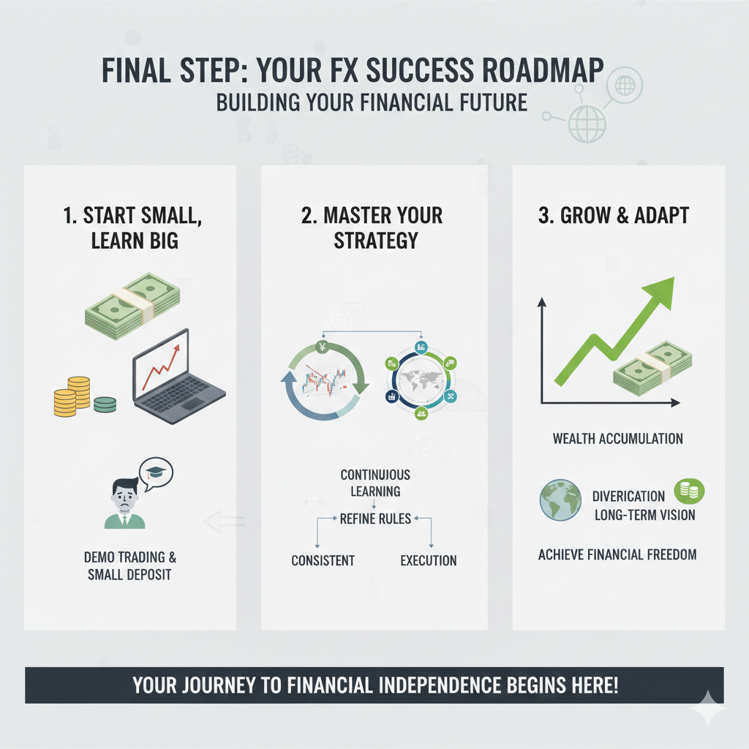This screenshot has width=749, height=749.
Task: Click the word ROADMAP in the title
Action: tap(543, 70)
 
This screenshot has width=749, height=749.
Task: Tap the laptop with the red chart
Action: tap(178, 377)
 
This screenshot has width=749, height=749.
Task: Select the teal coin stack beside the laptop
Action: tap(105, 404)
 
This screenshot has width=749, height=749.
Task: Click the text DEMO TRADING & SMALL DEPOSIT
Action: tap(130, 565)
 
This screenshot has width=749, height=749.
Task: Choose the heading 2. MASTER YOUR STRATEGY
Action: tap(372, 228)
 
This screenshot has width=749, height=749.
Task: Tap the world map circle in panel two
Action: tap(421, 380)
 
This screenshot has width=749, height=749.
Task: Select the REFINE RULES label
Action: tap(375, 519)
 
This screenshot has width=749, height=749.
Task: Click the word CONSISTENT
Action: tap(323, 560)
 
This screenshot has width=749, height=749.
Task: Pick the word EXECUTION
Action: tap(429, 560)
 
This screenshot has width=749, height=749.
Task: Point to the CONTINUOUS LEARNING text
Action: tap(375, 483)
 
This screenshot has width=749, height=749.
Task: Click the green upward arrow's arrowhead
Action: tap(661, 291)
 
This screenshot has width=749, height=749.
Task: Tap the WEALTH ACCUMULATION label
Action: tap(617, 439)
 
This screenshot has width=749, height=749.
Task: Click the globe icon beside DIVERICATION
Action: tap(560, 500)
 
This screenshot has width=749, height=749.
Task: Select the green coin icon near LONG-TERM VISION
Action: tap(689, 491)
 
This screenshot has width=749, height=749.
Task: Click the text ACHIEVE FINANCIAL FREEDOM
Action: tap(617, 554)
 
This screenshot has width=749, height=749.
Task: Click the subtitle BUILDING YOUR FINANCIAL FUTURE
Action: tap(372, 102)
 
